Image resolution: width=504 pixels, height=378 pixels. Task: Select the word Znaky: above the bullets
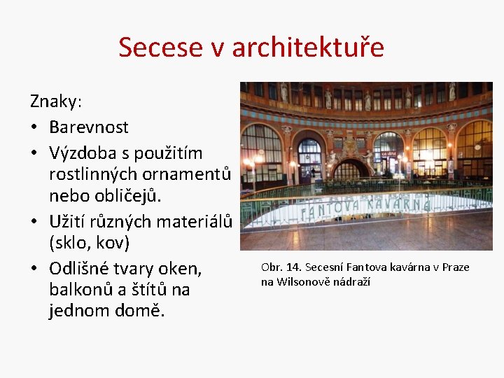point(56,101)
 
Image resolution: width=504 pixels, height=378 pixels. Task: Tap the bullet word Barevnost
point(89,127)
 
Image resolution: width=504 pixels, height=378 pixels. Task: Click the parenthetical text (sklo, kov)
point(90,244)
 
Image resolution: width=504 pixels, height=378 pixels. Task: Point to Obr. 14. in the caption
point(280,267)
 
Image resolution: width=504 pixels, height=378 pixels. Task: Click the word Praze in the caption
point(455,267)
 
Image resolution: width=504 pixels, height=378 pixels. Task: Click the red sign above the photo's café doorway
point(388,153)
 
